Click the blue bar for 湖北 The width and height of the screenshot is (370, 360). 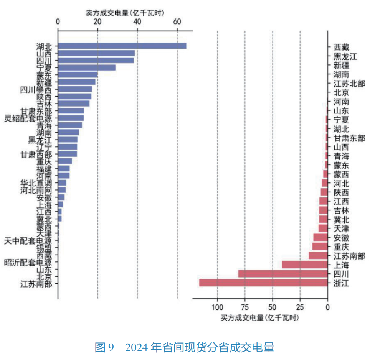click(122, 46)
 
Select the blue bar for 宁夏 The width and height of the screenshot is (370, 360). click(87, 67)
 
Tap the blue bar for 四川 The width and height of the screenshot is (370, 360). click(96, 60)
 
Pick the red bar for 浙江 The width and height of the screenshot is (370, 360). click(263, 283)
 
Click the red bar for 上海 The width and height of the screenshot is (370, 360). click(304, 265)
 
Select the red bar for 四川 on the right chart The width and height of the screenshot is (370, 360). click(282, 274)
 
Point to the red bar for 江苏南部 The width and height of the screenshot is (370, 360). click(318, 255)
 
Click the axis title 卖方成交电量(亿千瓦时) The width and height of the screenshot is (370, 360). click(125, 13)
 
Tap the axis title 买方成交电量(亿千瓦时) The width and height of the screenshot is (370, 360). click(260, 318)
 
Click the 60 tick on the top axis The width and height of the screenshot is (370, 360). click(177, 22)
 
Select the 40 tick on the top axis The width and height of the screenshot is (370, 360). click(137, 22)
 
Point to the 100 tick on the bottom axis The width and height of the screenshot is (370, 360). click(217, 307)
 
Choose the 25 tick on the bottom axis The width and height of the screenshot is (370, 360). click(300, 307)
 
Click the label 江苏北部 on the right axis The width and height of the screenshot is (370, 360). click(349, 84)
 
